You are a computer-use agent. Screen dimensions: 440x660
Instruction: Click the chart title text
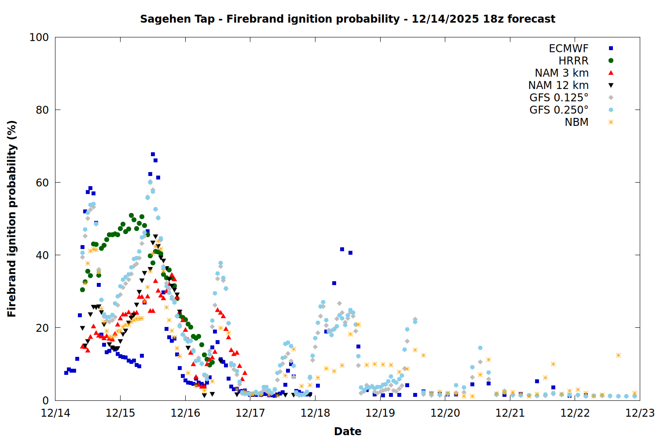point(348,19)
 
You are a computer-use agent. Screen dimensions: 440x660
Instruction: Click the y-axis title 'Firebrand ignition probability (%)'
point(11,219)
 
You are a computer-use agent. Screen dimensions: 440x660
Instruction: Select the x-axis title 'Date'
point(348,431)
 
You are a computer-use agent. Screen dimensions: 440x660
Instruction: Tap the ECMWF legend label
point(568,48)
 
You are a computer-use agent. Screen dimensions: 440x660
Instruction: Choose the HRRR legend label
point(573,61)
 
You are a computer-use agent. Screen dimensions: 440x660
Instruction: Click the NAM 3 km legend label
point(561,73)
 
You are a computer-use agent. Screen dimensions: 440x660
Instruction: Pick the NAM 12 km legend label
point(558,85)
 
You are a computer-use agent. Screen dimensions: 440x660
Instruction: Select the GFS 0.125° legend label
point(559,98)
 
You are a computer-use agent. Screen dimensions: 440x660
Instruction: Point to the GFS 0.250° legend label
point(559,110)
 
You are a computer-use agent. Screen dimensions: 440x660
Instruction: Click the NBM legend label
point(576,122)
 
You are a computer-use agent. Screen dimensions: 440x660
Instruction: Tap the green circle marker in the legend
point(611,61)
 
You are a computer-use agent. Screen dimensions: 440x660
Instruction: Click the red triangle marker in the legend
point(611,73)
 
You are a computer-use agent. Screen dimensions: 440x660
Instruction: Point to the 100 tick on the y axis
point(39,37)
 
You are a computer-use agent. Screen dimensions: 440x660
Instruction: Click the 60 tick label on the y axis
point(42,183)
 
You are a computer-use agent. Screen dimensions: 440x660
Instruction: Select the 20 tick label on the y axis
point(42,328)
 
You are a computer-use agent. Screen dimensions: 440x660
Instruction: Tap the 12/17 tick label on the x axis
point(250,413)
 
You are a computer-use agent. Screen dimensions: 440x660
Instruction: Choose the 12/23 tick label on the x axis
point(640,413)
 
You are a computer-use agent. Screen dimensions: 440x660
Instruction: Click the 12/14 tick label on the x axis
point(55,413)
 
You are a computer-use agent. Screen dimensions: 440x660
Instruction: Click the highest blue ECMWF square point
point(153,154)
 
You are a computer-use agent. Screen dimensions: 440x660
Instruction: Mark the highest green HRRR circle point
point(131,216)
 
